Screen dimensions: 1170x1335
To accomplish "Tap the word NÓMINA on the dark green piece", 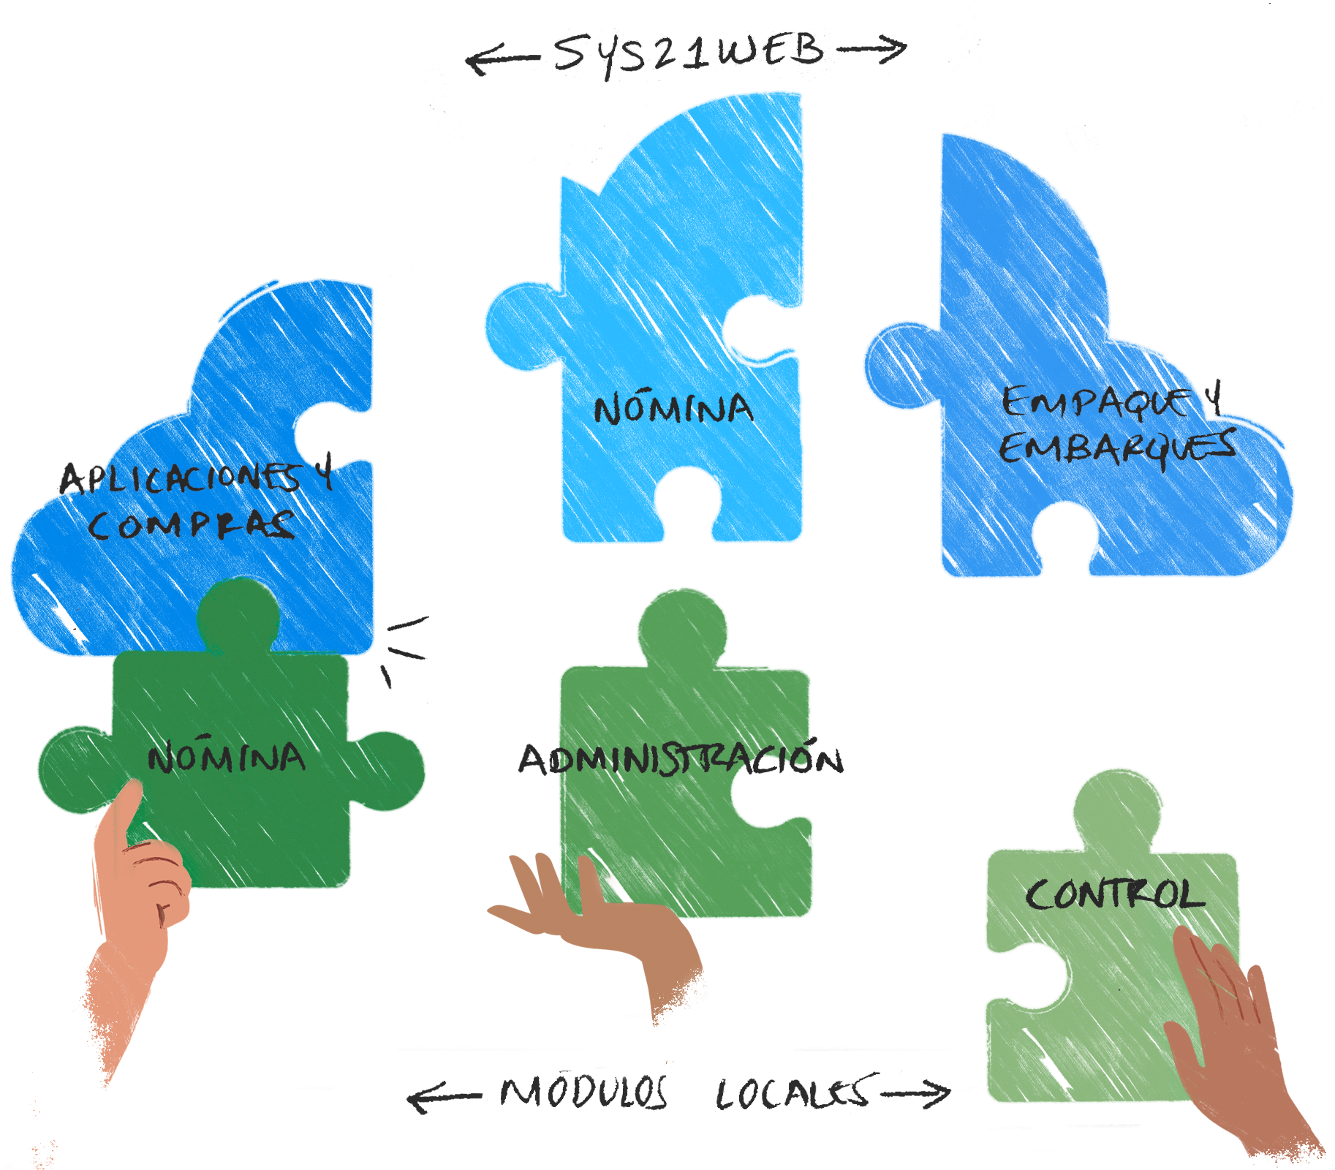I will pos(227,758).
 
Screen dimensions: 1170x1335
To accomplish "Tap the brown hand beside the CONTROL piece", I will pos(1236,1038).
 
